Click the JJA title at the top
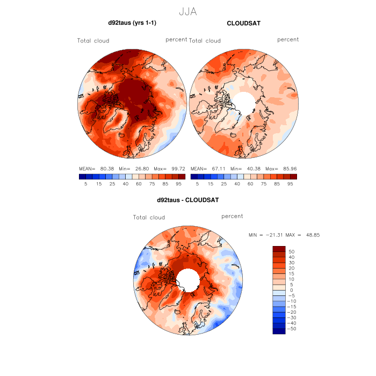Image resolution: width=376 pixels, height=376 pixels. point(187,11)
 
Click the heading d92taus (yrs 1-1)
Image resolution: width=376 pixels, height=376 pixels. point(133,23)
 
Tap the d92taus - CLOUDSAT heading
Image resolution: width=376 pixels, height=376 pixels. point(187,200)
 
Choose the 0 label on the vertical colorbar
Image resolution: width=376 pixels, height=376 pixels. point(291,290)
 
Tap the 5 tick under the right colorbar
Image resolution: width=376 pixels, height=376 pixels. point(198,184)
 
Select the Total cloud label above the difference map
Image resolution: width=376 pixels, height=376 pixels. point(149,218)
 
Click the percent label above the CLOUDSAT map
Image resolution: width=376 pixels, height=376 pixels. point(288,39)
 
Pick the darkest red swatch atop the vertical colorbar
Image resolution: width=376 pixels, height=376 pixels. point(279,249)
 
